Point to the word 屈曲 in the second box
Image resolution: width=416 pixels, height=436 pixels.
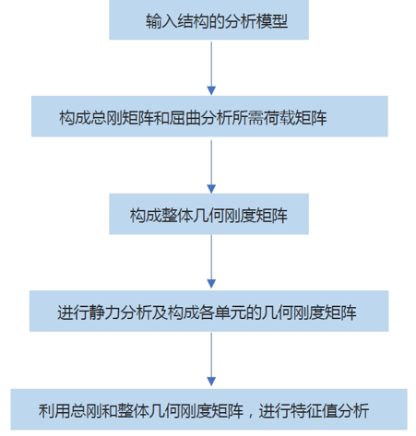(x=184, y=118)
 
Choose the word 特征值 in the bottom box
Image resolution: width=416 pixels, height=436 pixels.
(x=314, y=410)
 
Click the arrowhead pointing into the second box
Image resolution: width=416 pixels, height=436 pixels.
(x=211, y=90)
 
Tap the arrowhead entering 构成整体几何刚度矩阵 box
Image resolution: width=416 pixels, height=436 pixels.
(x=211, y=189)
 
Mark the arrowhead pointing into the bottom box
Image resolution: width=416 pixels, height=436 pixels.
(x=211, y=382)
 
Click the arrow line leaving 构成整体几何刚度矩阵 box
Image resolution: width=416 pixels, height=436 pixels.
(x=211, y=262)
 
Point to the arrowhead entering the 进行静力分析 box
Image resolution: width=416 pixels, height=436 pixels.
(x=211, y=284)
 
